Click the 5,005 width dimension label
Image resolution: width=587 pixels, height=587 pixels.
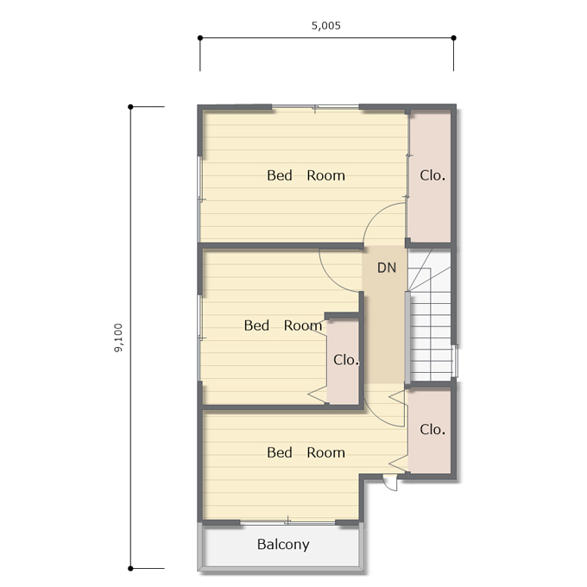pos(326,25)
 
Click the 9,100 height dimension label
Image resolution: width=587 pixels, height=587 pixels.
pos(118,338)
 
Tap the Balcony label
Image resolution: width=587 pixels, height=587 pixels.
pos(283,545)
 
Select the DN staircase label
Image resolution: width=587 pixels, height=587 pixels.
pos(387,268)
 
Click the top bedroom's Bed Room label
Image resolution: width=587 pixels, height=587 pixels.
pos(306,175)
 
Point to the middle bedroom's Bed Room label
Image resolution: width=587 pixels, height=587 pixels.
pos(283,325)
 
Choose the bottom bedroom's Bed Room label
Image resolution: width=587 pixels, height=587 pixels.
pos(306,452)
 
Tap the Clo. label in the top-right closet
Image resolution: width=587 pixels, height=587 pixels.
pos(432,175)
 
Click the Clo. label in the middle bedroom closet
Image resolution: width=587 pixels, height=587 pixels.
pos(346,360)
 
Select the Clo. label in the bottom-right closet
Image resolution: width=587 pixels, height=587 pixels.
pos(432,429)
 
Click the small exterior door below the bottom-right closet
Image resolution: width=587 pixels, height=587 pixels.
pos(390,483)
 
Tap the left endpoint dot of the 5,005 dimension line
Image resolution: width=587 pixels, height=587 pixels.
pos(200,38)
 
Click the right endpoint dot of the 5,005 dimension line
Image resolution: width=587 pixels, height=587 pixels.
pos(454,38)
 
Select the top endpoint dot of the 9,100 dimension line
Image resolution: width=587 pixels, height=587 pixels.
pos(130,107)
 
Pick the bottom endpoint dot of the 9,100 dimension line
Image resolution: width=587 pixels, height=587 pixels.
pos(130,569)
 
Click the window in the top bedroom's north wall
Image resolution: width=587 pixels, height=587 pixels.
pos(315,107)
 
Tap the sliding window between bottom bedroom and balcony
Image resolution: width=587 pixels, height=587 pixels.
pos(287,521)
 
